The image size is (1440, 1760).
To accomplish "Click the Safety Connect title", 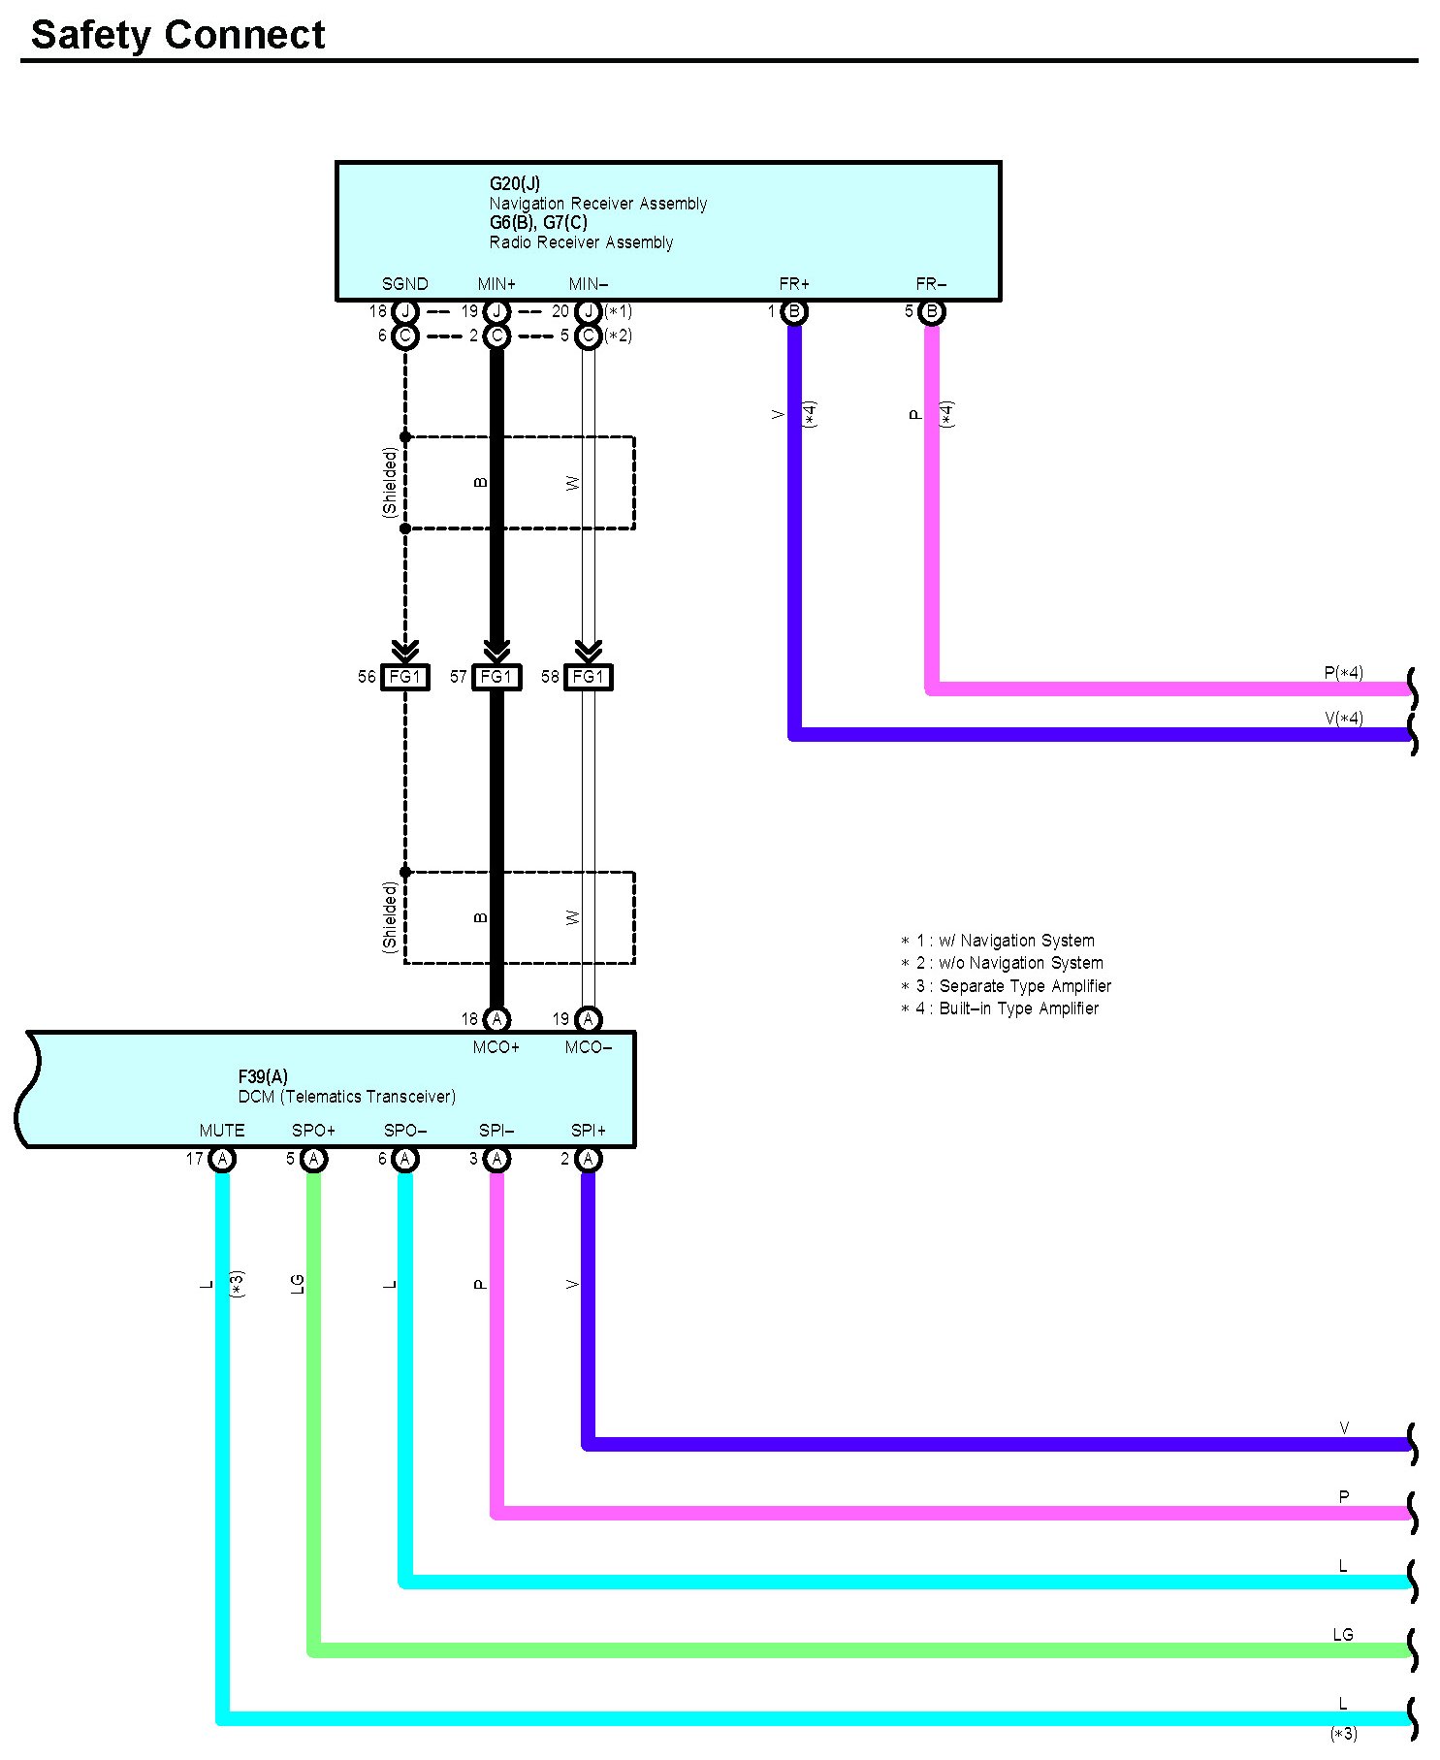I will [x=177, y=35].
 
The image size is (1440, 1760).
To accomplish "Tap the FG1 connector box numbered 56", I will [x=403, y=677].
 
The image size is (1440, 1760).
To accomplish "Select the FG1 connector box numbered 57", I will [x=496, y=677].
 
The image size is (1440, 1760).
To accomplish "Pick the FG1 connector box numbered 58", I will [x=588, y=677].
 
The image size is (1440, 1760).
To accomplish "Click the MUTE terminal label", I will [x=222, y=1131].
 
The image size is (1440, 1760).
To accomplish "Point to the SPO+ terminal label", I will [x=313, y=1131].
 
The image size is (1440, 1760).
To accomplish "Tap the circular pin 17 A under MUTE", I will [x=222, y=1159].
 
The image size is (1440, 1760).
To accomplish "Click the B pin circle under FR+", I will [x=794, y=312].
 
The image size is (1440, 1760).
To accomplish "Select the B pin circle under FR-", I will [x=931, y=312].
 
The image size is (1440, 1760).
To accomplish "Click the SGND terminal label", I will [x=404, y=284].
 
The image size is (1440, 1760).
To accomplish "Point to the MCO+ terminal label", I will [x=496, y=1047].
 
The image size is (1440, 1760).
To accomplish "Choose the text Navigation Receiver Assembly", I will [x=597, y=204].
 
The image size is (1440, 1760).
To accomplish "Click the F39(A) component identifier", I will [x=263, y=1076].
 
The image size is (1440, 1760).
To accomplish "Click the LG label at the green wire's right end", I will [x=1342, y=1635].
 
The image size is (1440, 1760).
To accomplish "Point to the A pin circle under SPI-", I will [x=496, y=1159].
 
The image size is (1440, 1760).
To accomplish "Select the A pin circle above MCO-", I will [x=588, y=1019].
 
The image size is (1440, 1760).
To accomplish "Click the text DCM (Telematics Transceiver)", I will [x=346, y=1097].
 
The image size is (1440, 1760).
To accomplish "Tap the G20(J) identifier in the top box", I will [x=514, y=183].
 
